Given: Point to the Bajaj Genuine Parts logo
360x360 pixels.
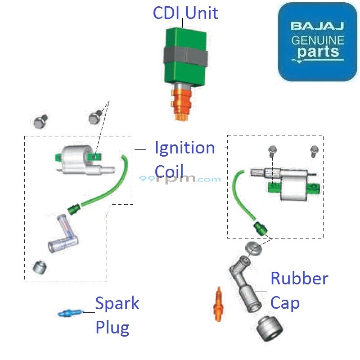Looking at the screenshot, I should (317, 41).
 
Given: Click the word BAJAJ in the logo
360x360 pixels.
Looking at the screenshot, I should (317, 27).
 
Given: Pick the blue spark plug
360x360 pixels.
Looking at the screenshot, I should (70, 313).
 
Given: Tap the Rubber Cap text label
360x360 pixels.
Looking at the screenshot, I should (299, 290).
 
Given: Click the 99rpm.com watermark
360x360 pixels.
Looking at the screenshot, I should (180, 178).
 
